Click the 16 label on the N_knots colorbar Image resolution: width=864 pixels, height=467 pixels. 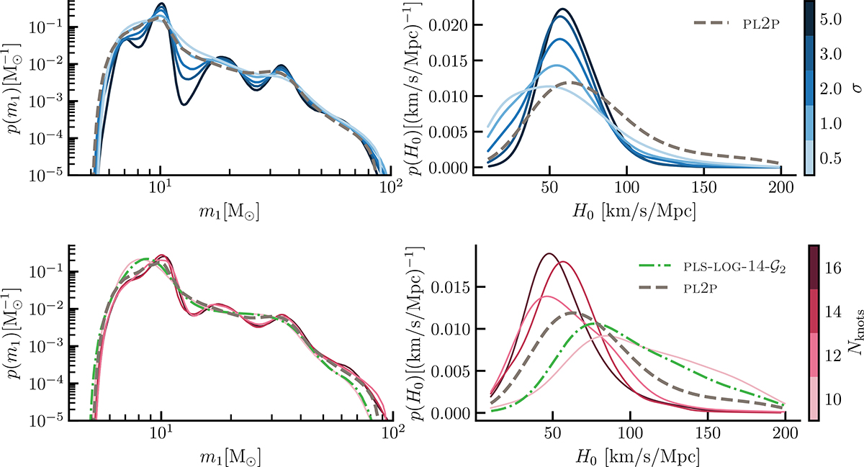pyautogui.click(x=834, y=268)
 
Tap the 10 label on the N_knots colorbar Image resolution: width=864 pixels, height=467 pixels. pyautogui.click(x=834, y=399)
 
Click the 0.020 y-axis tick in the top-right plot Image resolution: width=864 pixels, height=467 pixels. pyautogui.click(x=447, y=25)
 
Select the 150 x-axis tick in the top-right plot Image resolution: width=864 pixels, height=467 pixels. pyautogui.click(x=704, y=187)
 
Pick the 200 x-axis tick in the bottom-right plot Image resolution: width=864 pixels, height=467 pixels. pyautogui.click(x=786, y=433)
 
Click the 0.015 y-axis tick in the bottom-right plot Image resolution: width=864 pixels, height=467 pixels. pyautogui.click(x=451, y=287)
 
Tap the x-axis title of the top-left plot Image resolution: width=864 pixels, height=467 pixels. pyautogui.click(x=229, y=212)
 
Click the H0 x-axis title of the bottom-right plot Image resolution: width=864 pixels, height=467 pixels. pyautogui.click(x=637, y=458)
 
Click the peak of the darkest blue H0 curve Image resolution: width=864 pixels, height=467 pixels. pyautogui.click(x=562, y=9)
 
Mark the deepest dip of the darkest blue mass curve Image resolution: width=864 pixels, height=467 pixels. pyautogui.click(x=184, y=104)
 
